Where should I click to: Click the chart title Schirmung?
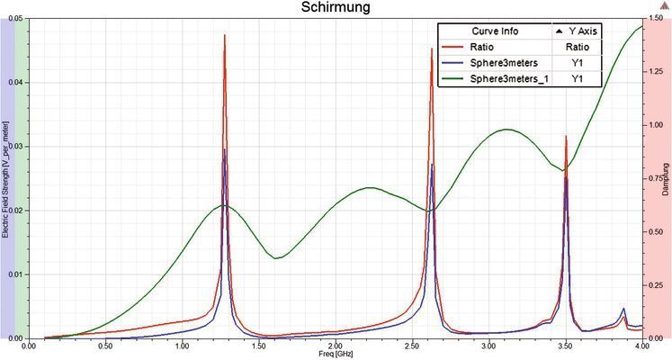pos(336,8)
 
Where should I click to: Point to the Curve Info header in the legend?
pos(494,31)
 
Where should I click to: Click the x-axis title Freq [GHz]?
pos(336,354)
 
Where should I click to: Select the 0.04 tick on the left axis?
pos(18,82)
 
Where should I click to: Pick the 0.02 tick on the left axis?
pos(18,211)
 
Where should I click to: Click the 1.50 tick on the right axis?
pos(659,18)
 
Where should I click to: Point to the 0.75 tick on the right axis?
pos(659,178)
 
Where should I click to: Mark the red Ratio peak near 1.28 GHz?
pos(225,35)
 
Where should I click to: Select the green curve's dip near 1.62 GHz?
pos(278,258)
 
